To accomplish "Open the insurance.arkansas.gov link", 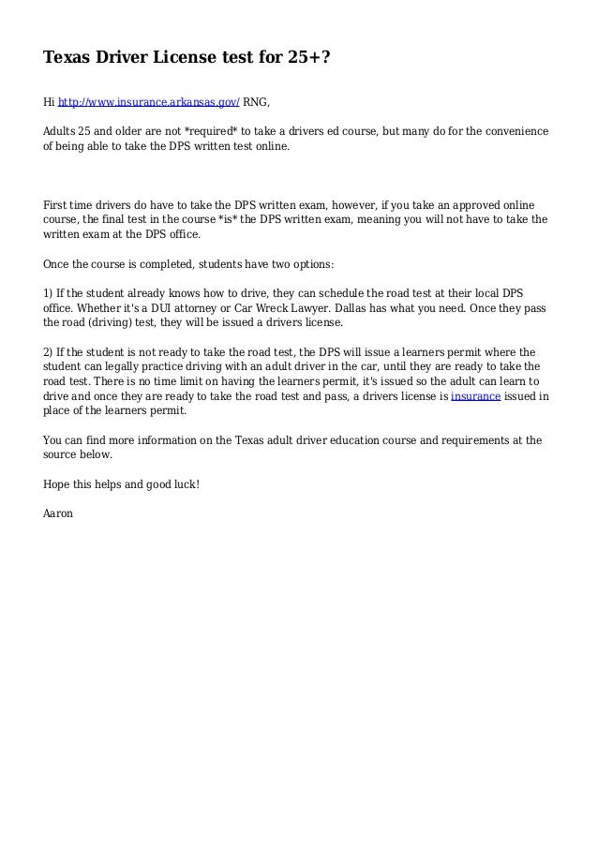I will pos(149,103).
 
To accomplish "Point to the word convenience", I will pos(515,130).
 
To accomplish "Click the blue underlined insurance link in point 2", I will pos(476,396).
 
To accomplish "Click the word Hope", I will pos(58,484).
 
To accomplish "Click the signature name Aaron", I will pos(58,513).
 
